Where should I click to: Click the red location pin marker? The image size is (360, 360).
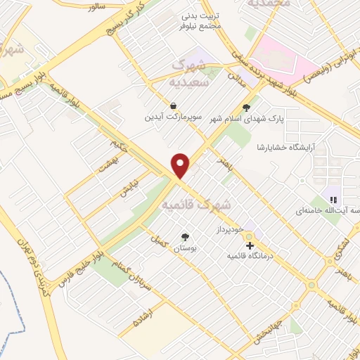(x=181, y=165)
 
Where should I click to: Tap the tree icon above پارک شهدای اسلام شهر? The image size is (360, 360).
(x=246, y=108)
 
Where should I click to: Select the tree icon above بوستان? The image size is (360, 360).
(x=185, y=237)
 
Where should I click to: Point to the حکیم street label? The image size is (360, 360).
(x=120, y=147)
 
